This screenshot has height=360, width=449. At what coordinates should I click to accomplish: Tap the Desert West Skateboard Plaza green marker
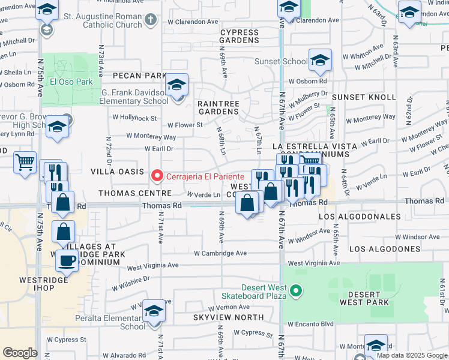(x=295, y=292)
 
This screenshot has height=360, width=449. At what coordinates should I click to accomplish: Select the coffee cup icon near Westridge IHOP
(x=66, y=260)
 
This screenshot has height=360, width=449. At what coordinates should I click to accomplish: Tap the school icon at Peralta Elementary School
(x=154, y=311)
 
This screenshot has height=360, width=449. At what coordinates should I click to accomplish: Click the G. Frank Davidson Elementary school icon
(x=176, y=85)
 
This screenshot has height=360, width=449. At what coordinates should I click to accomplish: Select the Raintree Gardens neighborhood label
(x=218, y=107)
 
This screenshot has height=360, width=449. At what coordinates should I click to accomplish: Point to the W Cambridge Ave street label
(x=220, y=253)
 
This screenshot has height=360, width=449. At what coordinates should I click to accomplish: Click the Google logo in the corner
(x=20, y=352)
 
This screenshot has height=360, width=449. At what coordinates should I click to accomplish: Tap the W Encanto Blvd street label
(x=310, y=324)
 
